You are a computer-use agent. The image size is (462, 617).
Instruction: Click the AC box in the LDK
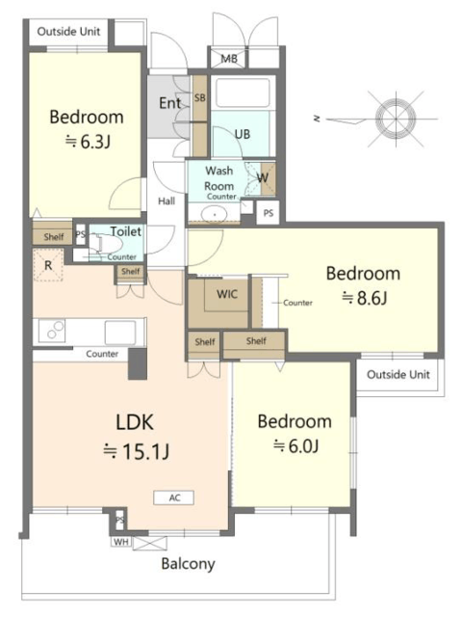click(173, 497)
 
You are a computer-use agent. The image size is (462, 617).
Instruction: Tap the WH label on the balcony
click(121, 542)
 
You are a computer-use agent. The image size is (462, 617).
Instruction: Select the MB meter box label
click(229, 59)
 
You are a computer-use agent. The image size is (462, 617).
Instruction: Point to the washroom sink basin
click(214, 215)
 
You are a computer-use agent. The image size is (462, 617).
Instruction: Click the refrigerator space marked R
click(48, 265)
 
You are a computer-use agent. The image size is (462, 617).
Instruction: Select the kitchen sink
click(120, 333)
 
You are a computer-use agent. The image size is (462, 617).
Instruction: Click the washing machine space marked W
click(263, 177)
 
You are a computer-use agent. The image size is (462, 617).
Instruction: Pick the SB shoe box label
click(200, 97)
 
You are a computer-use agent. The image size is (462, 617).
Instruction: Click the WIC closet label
click(227, 293)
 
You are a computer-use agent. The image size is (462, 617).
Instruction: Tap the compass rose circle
click(396, 119)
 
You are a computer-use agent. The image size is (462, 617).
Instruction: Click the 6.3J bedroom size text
click(88, 142)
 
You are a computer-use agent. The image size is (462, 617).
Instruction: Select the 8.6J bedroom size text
click(364, 298)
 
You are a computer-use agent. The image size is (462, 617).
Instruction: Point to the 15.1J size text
click(136, 451)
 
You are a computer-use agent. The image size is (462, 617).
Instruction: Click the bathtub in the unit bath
click(244, 93)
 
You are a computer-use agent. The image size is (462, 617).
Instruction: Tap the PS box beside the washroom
click(269, 213)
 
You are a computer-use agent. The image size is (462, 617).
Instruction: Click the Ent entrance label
click(169, 103)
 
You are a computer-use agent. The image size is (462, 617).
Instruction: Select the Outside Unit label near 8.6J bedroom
click(398, 374)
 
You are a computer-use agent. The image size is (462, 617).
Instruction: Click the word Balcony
click(189, 564)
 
